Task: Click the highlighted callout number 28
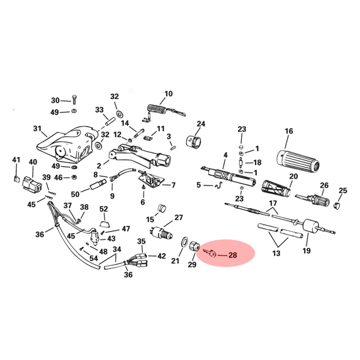point(232,255)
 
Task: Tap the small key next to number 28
point(210,253)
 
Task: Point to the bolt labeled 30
point(74,100)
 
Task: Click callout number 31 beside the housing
point(37,128)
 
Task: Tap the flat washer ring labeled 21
point(184,242)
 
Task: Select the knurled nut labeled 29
point(194,247)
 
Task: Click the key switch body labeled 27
point(161,231)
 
